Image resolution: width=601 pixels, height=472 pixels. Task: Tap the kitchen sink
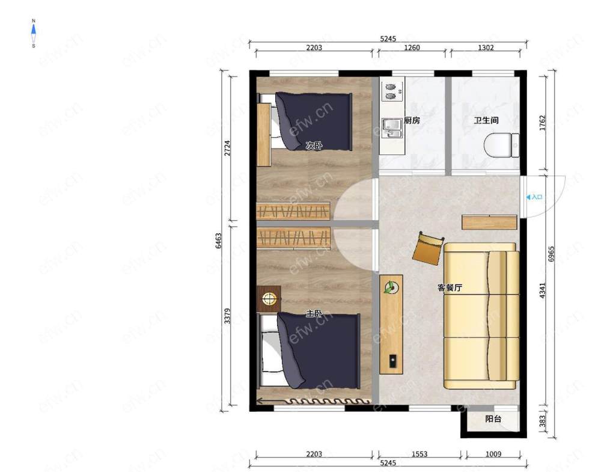pyautogui.click(x=392, y=127)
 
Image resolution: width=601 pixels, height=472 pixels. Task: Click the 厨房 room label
pyautogui.click(x=412, y=120)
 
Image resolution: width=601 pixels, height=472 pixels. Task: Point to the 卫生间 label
pyautogui.click(x=486, y=120)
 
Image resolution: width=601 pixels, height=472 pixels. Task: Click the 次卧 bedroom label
pyautogui.click(x=314, y=146)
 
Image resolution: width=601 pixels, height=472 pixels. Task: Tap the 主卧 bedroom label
pyautogui.click(x=314, y=314)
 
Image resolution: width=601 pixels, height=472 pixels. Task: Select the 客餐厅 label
pyautogui.click(x=450, y=287)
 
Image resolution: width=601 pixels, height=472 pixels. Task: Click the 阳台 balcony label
pyautogui.click(x=493, y=418)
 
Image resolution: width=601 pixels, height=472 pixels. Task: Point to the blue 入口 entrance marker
pyautogui.click(x=534, y=197)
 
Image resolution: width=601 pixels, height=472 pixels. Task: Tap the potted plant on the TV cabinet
pyautogui.click(x=391, y=287)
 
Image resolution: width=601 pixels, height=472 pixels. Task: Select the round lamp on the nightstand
pyautogui.click(x=269, y=299)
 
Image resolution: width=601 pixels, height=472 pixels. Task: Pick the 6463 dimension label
pyautogui.click(x=218, y=241)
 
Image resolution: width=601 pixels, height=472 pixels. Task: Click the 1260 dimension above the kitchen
pyautogui.click(x=412, y=48)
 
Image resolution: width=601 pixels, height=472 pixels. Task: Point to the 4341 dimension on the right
pyautogui.click(x=542, y=290)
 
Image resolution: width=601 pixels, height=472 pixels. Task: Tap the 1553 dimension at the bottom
pyautogui.click(x=419, y=454)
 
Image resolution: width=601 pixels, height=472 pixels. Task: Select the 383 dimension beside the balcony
pyautogui.click(x=542, y=421)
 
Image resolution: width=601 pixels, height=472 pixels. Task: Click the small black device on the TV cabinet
pyautogui.click(x=393, y=361)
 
